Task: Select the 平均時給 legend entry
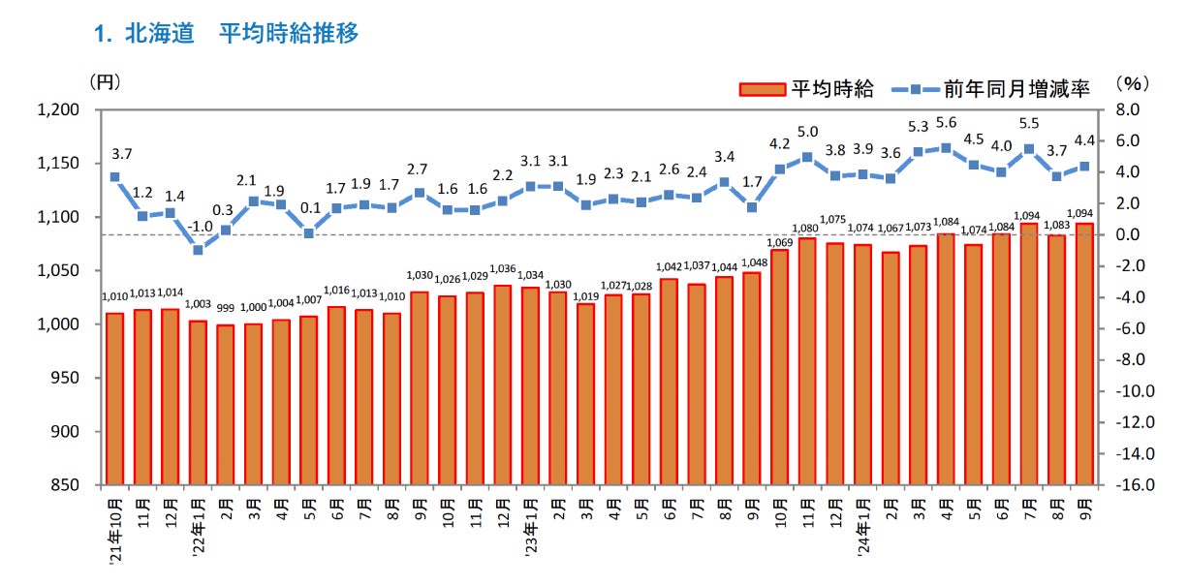pos(806,89)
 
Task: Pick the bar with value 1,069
pos(779,367)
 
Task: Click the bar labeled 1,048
pos(752,378)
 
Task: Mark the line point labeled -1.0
pos(198,250)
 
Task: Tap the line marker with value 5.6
pos(946,147)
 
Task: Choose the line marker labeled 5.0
pos(807,157)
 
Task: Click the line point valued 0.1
pos(308,232)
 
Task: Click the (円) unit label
pos(105,82)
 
